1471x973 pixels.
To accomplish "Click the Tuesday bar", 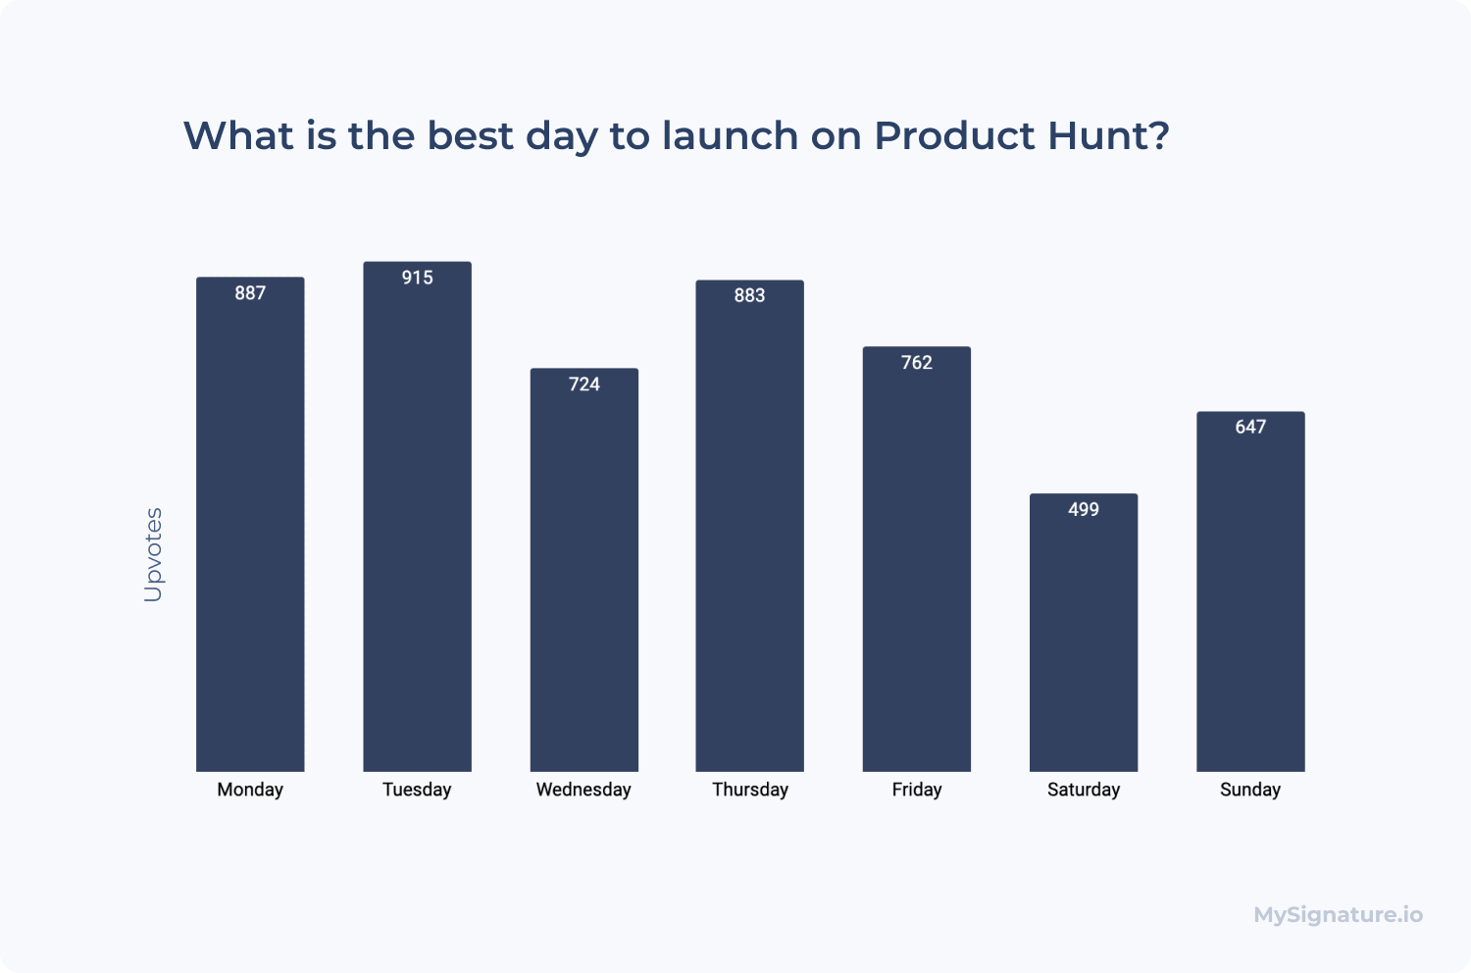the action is (417, 516).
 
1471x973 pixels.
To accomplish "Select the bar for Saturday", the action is (1084, 633).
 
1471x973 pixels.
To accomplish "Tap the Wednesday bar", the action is (583, 570).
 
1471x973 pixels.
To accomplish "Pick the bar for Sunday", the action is (1250, 591).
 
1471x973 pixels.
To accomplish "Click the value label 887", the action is (250, 293).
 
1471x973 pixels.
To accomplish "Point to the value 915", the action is (418, 278).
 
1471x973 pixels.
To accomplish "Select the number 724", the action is (584, 384).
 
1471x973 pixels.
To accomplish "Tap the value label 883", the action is (750, 295).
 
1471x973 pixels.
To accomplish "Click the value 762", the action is (917, 363).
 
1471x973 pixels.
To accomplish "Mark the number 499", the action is (1084, 510).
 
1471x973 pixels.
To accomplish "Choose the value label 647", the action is (1250, 427).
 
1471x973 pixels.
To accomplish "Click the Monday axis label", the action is (250, 790).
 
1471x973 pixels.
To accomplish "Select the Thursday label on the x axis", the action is (750, 790).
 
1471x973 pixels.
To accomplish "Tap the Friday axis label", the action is (917, 790).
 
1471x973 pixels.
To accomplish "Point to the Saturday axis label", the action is (1084, 790).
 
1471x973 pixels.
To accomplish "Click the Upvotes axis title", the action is (154, 554).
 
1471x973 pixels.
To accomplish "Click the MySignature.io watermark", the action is (1339, 915).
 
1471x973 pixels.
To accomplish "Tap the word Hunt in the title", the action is (1108, 135).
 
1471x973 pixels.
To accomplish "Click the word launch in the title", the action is (731, 135).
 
